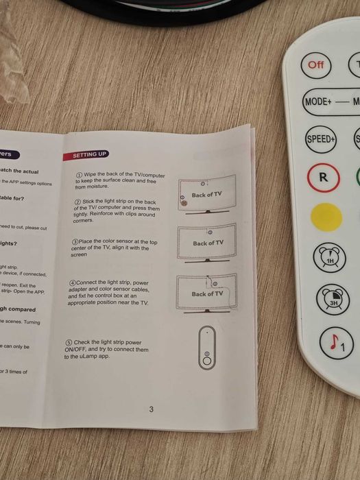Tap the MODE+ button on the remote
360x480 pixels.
(x=317, y=101)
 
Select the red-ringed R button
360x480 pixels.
(x=322, y=177)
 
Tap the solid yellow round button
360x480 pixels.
(x=327, y=217)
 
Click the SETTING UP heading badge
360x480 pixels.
(x=89, y=155)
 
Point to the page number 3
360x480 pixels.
(x=151, y=410)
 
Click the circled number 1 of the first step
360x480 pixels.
(x=79, y=175)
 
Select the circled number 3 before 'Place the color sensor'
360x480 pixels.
(x=75, y=242)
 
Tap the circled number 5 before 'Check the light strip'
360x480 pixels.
(x=69, y=342)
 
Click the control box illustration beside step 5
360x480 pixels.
(x=207, y=349)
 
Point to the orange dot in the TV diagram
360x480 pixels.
(x=183, y=204)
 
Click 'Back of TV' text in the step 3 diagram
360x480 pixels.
(x=208, y=243)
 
